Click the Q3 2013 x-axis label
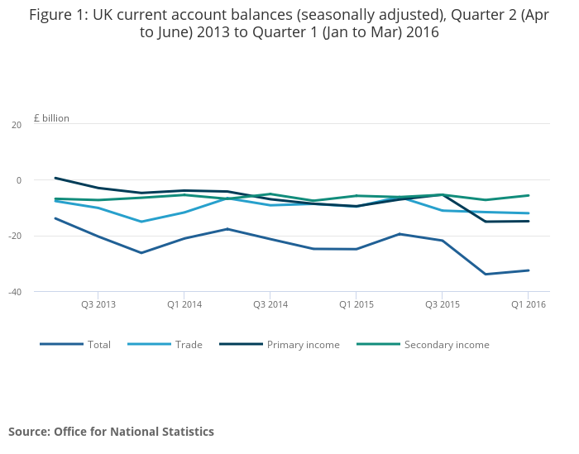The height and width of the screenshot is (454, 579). (98, 304)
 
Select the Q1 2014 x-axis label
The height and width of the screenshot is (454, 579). (184, 304)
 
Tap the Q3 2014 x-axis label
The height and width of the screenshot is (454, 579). (270, 304)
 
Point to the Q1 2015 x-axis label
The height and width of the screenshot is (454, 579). (356, 304)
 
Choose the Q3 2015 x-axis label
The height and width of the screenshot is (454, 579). (442, 304)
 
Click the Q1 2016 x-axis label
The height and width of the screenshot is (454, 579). (528, 304)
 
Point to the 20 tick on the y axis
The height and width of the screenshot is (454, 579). (16, 125)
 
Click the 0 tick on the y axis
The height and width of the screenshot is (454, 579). (18, 180)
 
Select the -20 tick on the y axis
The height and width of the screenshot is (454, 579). (14, 236)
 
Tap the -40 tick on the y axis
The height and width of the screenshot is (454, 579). (14, 291)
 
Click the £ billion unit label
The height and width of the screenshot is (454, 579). (51, 118)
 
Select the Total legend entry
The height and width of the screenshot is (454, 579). (98, 344)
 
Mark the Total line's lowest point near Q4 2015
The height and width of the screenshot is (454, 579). (485, 274)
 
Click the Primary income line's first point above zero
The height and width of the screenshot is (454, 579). (55, 178)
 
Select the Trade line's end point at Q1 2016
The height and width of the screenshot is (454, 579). (528, 213)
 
